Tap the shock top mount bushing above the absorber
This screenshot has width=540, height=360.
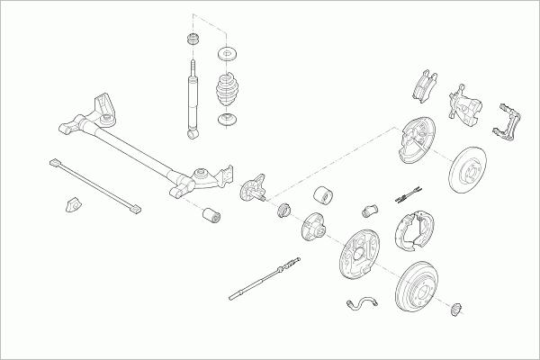tap(192, 40)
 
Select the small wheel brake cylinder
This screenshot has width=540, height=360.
tap(369, 209)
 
